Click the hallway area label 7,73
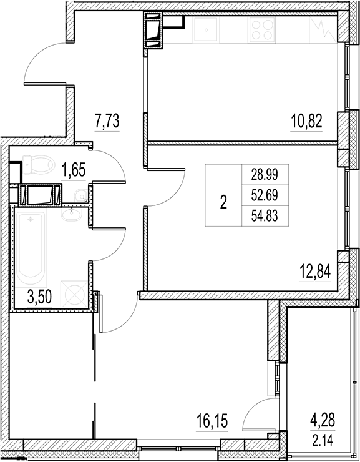click(x=107, y=120)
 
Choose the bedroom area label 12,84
click(x=314, y=272)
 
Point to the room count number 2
click(x=223, y=202)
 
